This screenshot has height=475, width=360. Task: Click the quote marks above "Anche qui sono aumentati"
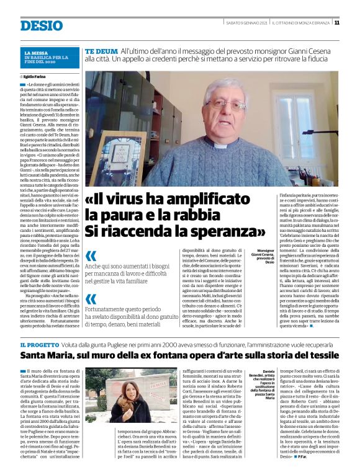[x=91, y=256]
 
